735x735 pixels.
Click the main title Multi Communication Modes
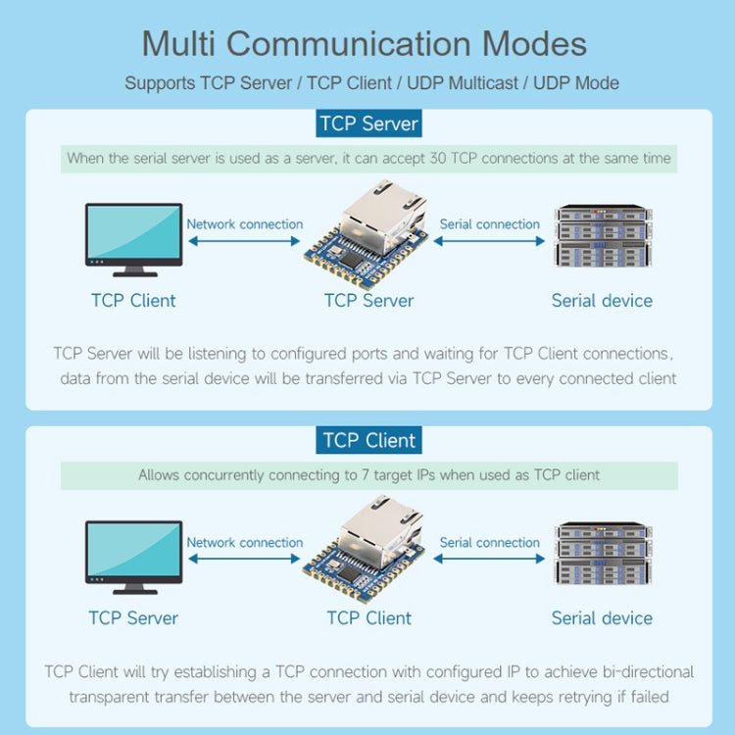[365, 44]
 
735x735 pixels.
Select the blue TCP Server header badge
[368, 124]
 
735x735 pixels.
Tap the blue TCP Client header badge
[368, 440]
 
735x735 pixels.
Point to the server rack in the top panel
[602, 236]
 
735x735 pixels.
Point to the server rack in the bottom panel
[602, 555]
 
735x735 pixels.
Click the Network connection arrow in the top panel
[244, 241]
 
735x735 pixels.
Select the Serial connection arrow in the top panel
[489, 241]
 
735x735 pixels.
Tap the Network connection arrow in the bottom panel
[244, 559]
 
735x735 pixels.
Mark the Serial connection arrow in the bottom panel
[489, 559]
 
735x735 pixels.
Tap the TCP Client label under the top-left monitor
[133, 301]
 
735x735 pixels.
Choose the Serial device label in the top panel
[602, 301]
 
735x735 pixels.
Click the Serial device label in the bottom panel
[602, 618]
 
